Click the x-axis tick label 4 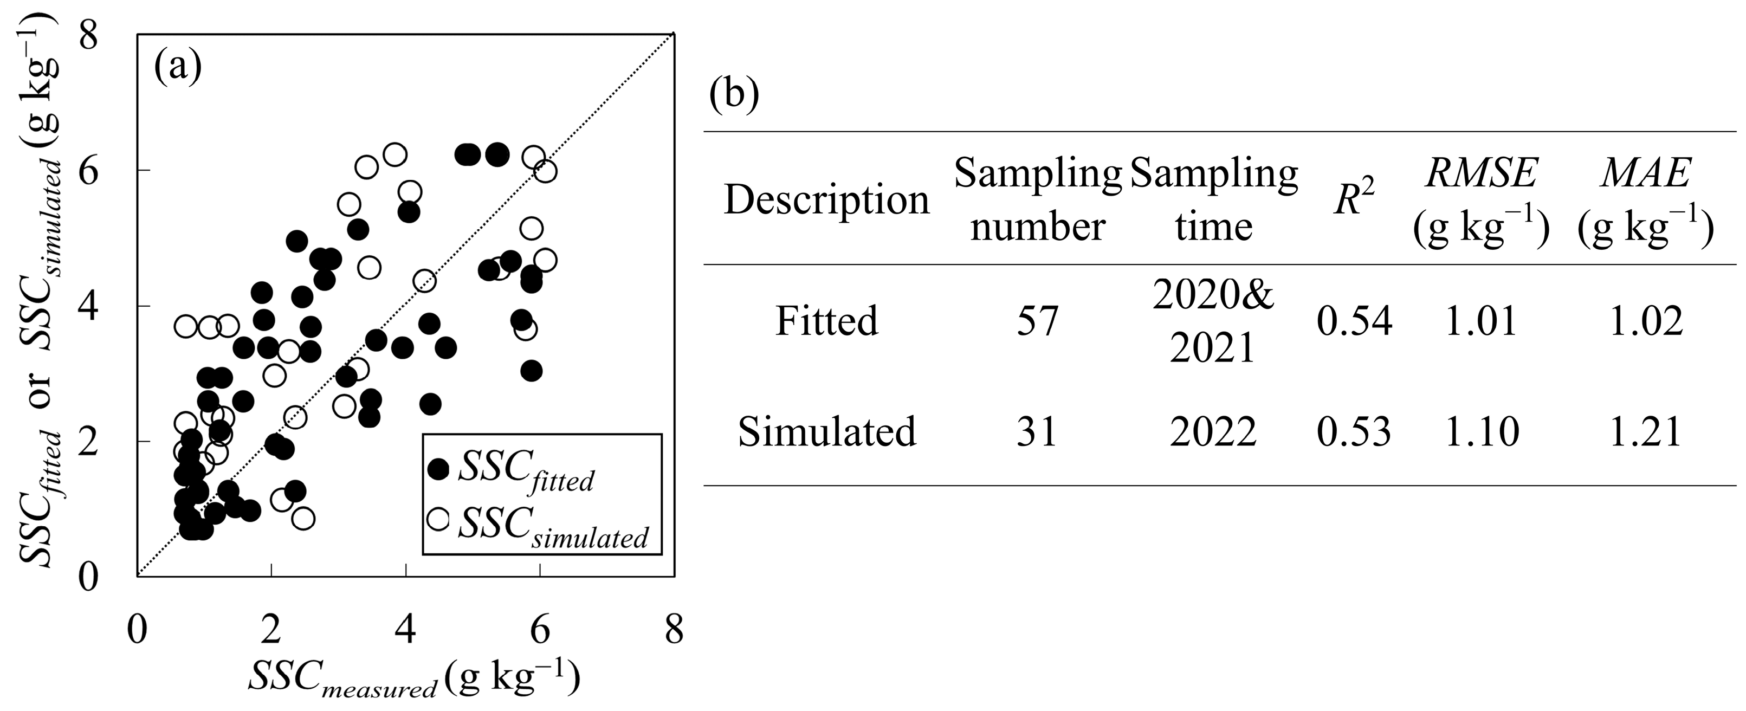pyautogui.click(x=405, y=631)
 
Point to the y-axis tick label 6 pyautogui.click(x=88, y=170)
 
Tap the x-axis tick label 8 pyautogui.click(x=674, y=631)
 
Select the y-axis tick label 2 pyautogui.click(x=88, y=441)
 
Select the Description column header pyautogui.click(x=826, y=201)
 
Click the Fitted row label pyautogui.click(x=826, y=321)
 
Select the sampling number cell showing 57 pyautogui.click(x=1037, y=321)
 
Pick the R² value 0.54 pyautogui.click(x=1354, y=321)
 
